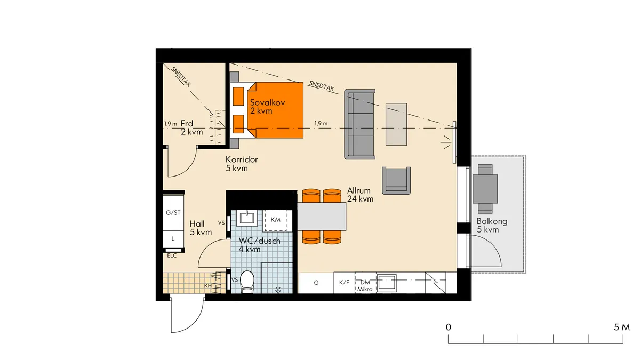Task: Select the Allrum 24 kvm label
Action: tap(361, 195)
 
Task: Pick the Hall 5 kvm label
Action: tap(201, 228)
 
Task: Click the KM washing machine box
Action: tap(276, 220)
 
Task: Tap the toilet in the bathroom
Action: tap(247, 282)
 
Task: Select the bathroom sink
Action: tap(247, 218)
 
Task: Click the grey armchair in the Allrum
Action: tap(396, 181)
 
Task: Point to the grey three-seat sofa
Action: tap(359, 124)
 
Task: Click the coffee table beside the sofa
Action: tap(396, 124)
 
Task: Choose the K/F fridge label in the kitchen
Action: tap(345, 282)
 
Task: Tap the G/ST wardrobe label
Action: tap(173, 213)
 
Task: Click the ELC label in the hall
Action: tap(172, 255)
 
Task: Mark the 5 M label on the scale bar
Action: tap(622, 327)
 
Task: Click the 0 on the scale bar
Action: tap(449, 327)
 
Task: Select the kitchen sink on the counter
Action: tap(387, 283)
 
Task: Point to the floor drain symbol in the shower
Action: tap(278, 290)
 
